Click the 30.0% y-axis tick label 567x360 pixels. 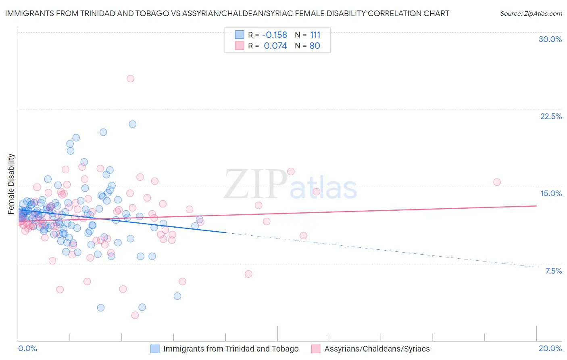(550, 39)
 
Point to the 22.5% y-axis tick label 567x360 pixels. (551, 116)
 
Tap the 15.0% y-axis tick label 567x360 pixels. (551, 193)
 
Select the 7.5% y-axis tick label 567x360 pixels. (553, 271)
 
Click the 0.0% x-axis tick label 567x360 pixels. (28, 348)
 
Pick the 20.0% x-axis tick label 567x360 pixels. (550, 348)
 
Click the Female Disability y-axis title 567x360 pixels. (11, 184)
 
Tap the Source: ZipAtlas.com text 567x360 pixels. (531, 13)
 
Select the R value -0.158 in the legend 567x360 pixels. (275, 35)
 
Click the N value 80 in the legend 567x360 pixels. (315, 46)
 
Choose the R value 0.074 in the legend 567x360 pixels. (275, 46)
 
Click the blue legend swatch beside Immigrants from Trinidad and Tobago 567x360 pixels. (155, 349)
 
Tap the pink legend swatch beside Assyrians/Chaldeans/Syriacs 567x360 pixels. (316, 349)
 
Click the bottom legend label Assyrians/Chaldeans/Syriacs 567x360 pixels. (377, 349)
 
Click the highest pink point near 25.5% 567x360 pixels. (130, 79)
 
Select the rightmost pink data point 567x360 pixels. (497, 182)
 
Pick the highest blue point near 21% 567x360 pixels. (132, 124)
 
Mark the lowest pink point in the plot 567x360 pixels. (135, 315)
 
